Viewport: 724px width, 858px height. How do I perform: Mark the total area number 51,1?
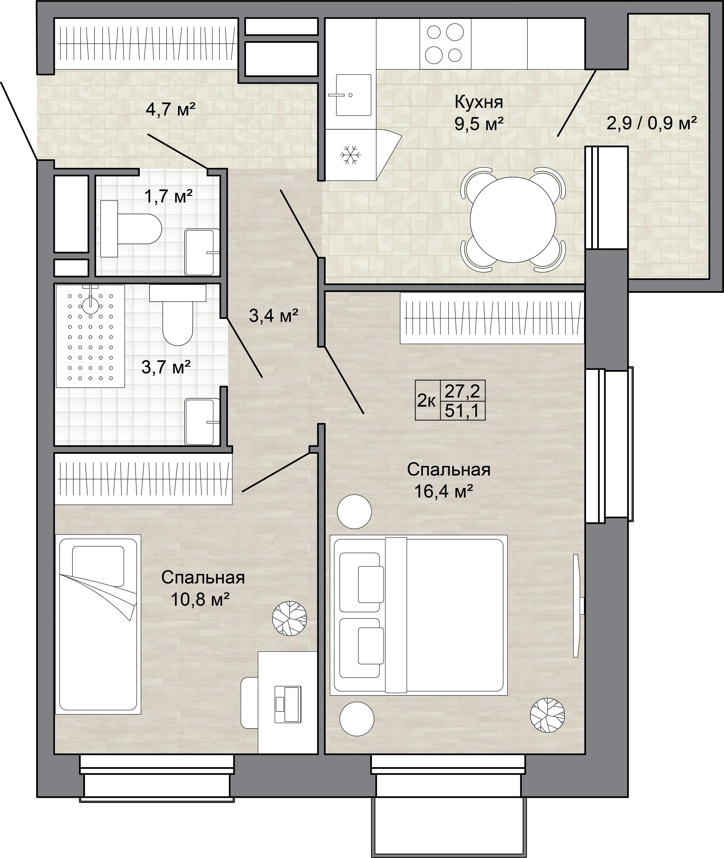462,411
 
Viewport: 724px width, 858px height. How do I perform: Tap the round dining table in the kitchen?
513,219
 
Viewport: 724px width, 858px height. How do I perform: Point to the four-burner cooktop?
445,44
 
